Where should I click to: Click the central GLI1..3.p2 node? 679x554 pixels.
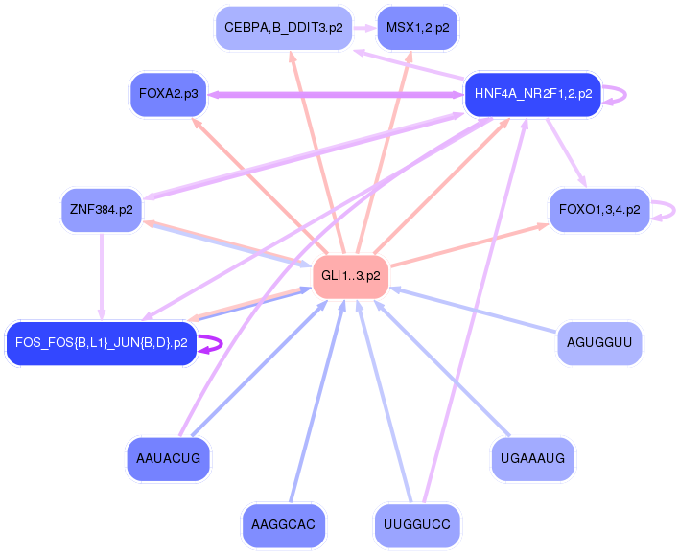(x=350, y=277)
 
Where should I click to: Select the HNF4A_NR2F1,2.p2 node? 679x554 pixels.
(x=532, y=94)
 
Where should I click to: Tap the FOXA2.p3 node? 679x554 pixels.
(x=168, y=94)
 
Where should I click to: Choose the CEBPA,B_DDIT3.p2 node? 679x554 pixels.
(x=283, y=28)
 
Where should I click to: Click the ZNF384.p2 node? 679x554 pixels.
(x=101, y=210)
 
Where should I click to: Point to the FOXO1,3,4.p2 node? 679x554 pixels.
(x=599, y=210)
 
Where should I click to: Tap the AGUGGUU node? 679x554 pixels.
(x=598, y=343)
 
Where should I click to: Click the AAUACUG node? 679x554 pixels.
(x=168, y=458)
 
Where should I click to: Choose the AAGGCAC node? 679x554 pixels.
(x=283, y=524)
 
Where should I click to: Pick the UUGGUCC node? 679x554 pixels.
(x=416, y=524)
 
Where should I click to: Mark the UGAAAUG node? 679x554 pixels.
(x=532, y=458)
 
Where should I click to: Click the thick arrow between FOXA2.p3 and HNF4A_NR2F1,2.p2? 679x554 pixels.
(x=336, y=94)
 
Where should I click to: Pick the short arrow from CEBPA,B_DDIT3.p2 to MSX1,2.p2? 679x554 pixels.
(x=363, y=28)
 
